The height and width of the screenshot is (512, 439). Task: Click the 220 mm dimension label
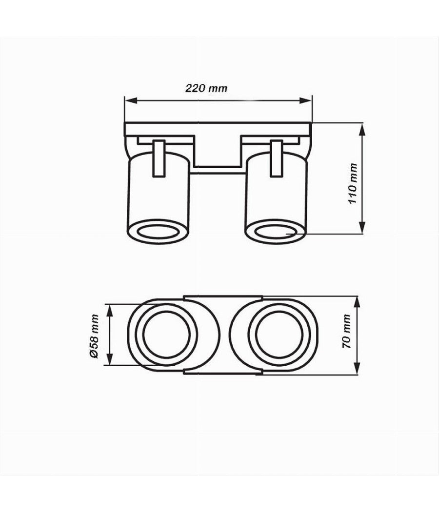pyautogui.click(x=206, y=89)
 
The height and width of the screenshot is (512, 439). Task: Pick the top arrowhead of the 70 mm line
pyautogui.click(x=358, y=299)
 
